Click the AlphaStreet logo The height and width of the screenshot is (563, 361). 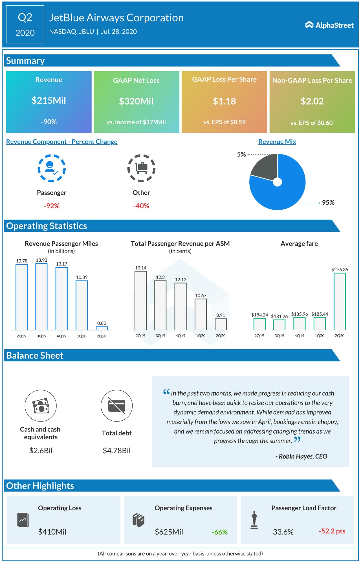329,25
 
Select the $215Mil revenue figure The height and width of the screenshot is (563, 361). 49,100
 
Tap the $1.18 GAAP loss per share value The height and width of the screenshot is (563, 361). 224,101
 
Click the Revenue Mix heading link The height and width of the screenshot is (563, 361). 277,142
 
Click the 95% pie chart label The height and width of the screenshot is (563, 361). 328,202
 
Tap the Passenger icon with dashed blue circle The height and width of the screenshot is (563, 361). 52,168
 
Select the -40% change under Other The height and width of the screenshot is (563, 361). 141,206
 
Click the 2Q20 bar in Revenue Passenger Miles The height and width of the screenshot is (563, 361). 102,328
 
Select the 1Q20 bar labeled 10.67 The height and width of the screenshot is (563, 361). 201,314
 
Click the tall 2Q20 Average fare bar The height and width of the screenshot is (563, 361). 340,301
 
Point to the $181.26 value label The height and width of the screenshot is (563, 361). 279,316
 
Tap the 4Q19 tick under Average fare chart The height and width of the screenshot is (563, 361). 299,336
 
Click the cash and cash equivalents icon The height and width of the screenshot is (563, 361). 41,406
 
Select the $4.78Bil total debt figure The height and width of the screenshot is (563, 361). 116,451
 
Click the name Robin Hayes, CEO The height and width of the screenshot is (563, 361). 301,456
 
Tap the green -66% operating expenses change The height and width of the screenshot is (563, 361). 219,532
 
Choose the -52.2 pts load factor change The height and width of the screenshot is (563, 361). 332,531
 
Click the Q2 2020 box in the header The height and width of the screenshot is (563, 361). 25,25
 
